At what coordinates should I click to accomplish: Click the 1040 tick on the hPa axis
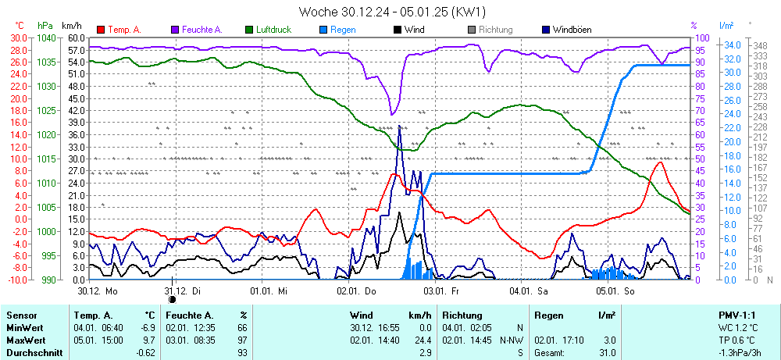point(46,37)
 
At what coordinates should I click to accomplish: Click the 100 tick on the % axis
point(701,37)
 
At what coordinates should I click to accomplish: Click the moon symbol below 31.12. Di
point(173,298)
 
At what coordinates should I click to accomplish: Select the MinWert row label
point(25,328)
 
